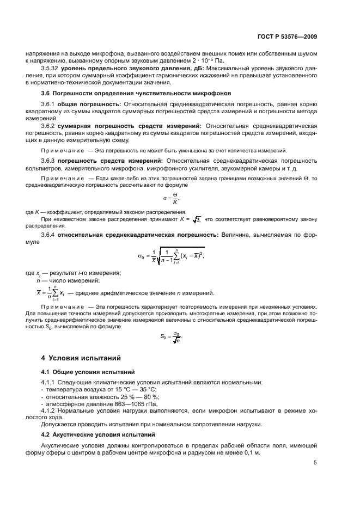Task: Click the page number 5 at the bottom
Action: coord(315,463)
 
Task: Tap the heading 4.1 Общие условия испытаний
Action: coord(89,372)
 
